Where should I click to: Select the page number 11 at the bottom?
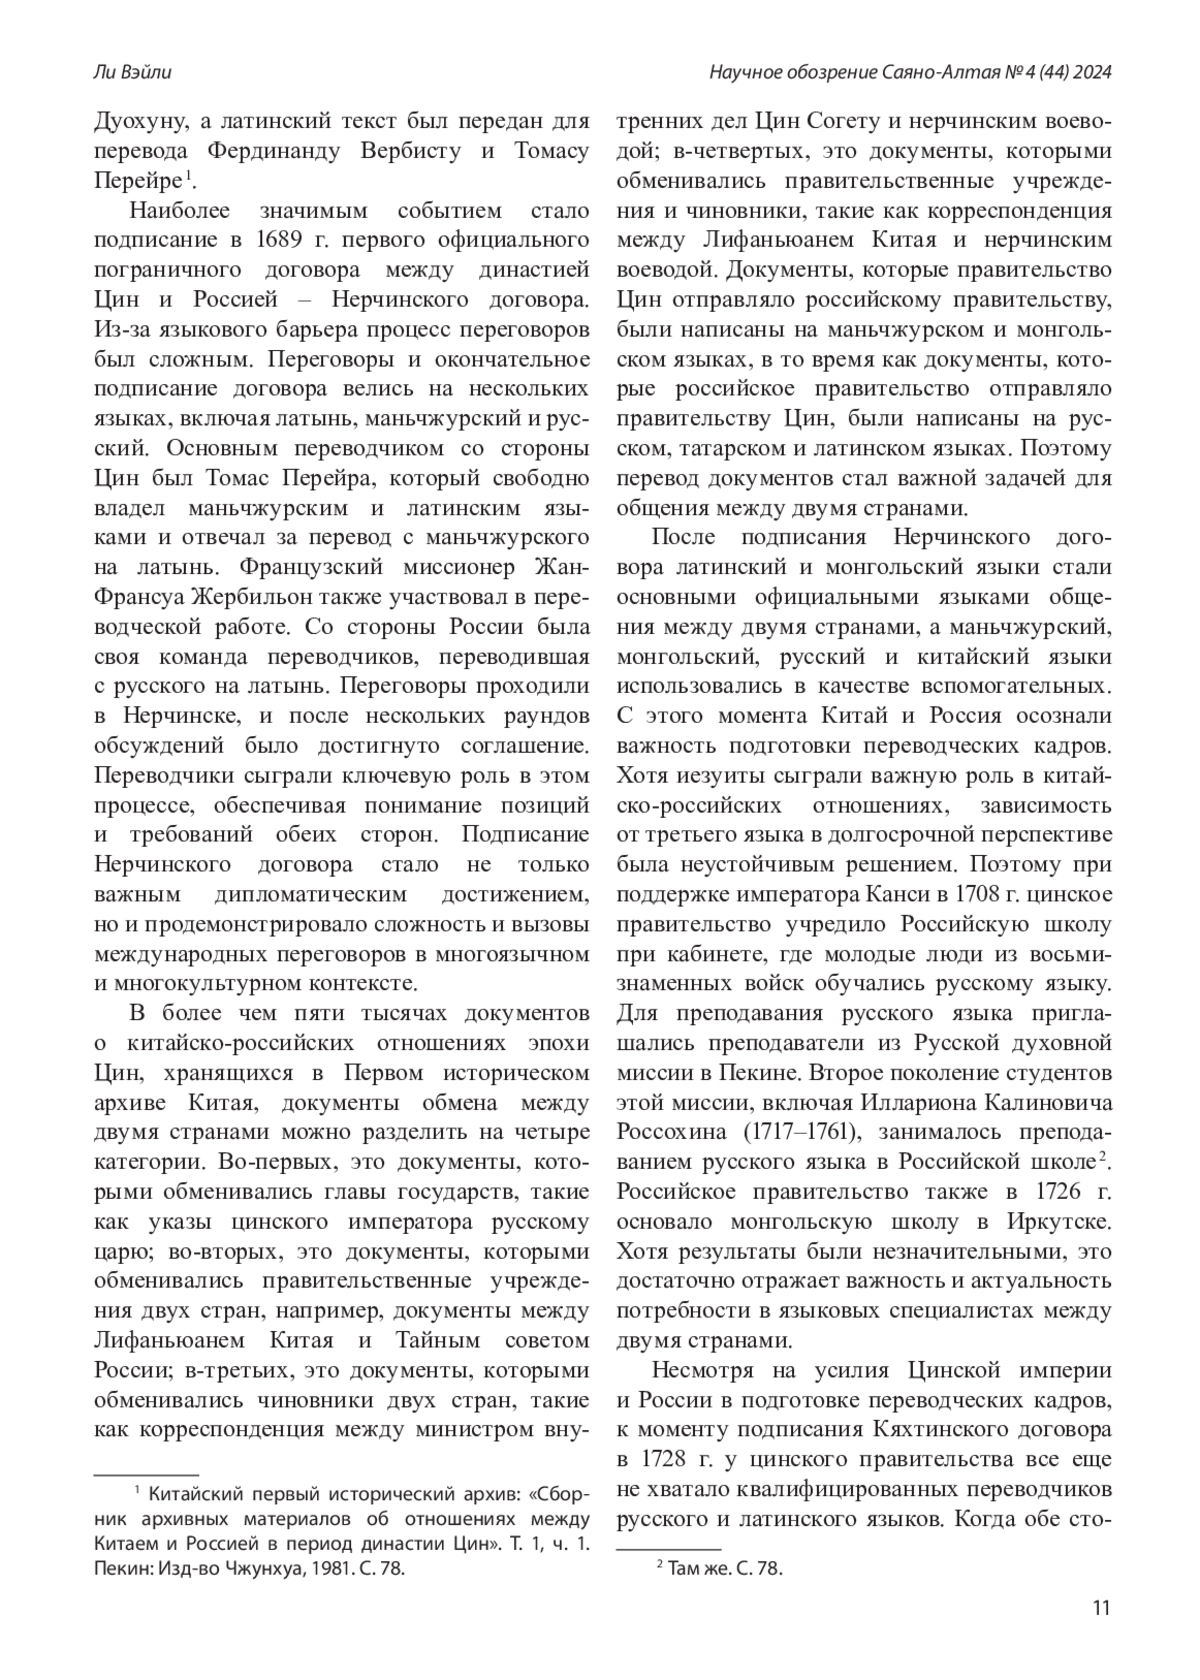click(1101, 1608)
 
